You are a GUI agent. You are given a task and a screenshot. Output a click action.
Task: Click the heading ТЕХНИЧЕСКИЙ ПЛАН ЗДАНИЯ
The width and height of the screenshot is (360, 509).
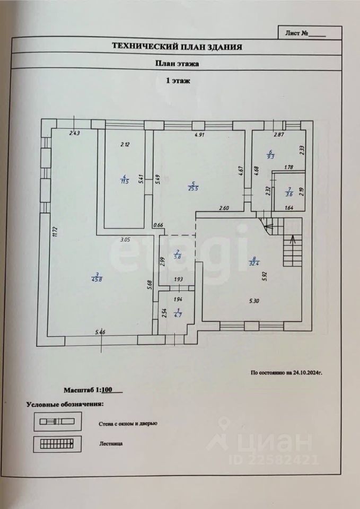[x=177, y=47]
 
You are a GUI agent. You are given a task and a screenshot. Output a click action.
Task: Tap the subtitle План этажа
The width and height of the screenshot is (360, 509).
[x=177, y=64]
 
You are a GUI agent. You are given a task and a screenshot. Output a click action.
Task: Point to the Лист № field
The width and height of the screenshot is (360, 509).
[x=305, y=33]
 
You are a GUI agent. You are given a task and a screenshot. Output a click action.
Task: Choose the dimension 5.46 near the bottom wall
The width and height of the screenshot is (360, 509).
[x=100, y=332]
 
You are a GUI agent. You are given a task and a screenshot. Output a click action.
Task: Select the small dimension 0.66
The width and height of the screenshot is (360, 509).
[x=157, y=225]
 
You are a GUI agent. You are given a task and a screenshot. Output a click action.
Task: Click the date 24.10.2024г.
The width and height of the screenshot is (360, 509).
[x=306, y=373]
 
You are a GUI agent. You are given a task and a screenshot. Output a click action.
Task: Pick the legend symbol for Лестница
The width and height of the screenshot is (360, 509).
[x=57, y=444]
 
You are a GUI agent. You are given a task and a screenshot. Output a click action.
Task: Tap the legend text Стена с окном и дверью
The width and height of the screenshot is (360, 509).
[x=128, y=424]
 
